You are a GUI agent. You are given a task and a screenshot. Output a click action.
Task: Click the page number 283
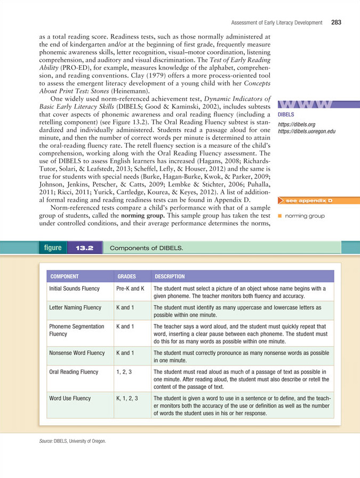335,22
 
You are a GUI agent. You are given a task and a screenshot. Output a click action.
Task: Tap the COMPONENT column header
64,277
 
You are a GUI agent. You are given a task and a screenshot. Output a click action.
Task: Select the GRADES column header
126,277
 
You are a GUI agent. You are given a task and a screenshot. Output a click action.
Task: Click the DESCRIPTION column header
170,277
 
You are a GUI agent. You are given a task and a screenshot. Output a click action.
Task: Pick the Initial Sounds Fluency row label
74,288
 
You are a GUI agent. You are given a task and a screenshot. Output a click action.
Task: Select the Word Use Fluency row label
69,397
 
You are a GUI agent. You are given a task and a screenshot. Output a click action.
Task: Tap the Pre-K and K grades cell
130,288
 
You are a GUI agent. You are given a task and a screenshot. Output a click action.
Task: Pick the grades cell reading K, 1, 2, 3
127,397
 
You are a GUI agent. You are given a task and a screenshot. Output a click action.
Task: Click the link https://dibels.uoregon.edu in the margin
301,131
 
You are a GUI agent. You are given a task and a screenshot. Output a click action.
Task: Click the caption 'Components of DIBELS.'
146,248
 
